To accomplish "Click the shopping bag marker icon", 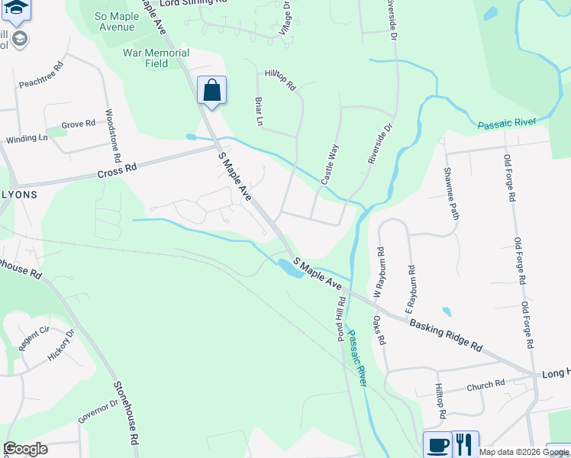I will point(212,90).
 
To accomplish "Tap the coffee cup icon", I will point(438,444).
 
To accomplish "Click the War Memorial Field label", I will point(156,58).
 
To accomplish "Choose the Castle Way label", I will point(329,164).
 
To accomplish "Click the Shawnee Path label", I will point(451,195).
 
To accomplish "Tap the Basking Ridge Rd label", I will point(446,334).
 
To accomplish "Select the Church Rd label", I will point(486,385).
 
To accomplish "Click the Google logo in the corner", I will point(26,449).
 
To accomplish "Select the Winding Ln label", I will point(27,139).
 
